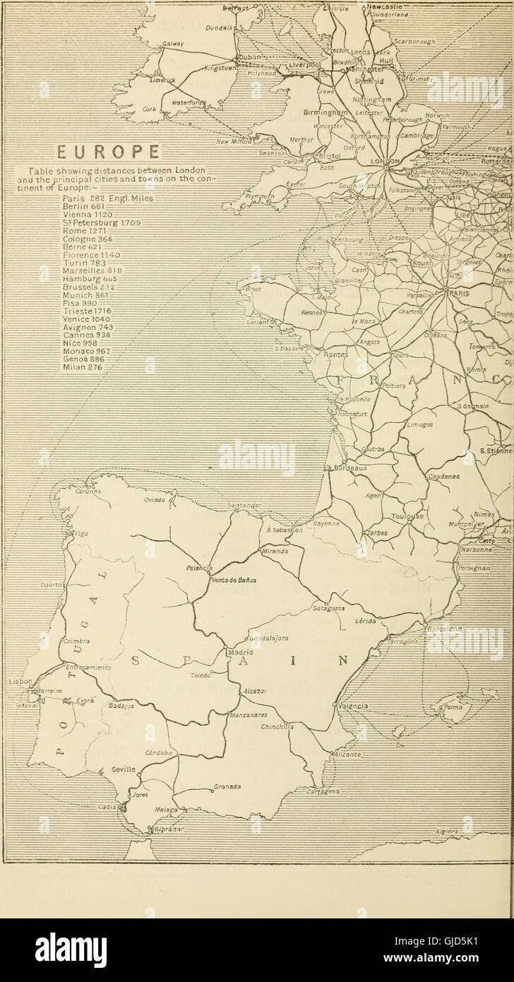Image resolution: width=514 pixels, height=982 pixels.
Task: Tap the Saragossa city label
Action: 329,608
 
